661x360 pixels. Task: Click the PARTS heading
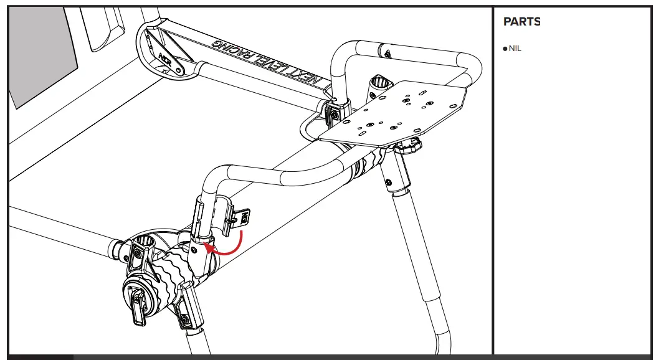521,22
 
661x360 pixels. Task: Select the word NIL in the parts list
515,49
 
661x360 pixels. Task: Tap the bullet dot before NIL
505,49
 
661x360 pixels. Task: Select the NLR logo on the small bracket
166,59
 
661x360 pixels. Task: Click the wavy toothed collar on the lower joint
163,280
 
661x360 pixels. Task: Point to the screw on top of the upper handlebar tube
388,51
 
